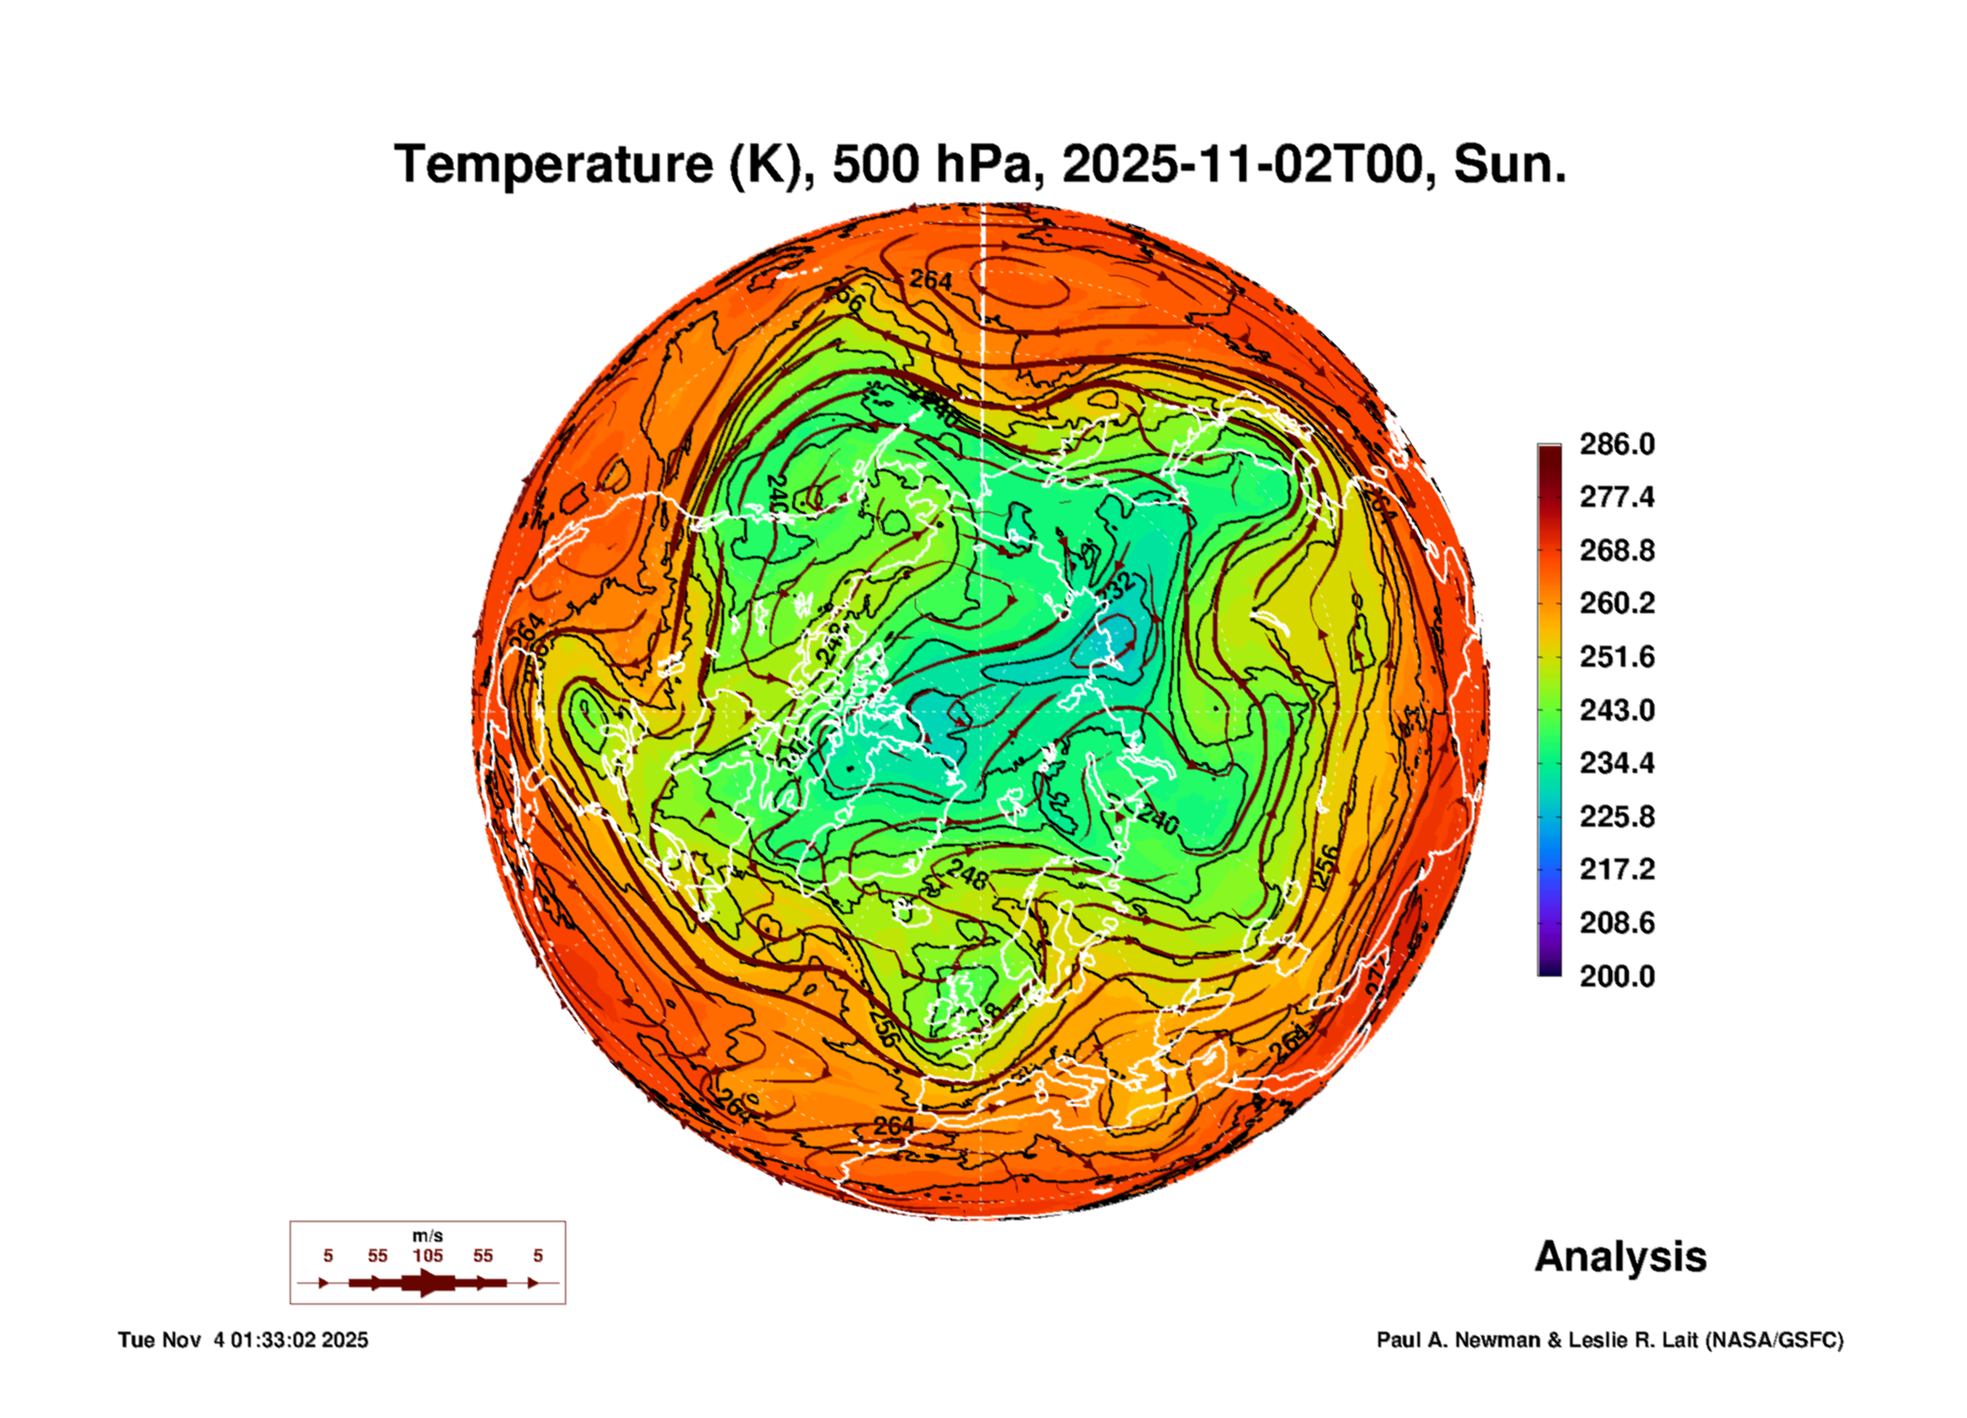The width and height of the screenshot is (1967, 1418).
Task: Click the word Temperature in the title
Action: point(553,165)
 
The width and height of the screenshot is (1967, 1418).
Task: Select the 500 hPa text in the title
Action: point(932,165)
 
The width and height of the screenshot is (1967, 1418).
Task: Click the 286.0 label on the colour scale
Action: point(1616,444)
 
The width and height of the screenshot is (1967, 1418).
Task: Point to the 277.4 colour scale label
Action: point(1616,497)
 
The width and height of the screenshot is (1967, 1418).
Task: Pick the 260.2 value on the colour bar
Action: point(1616,603)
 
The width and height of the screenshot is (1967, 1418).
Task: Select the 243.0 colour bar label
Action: point(1616,709)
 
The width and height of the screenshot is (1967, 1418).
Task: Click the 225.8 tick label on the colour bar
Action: point(1616,816)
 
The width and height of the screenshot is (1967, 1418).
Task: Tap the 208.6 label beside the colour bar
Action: point(1616,923)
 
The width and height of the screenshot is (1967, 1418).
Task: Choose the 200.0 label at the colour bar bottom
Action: point(1616,977)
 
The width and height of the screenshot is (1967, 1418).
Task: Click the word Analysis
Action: point(1620,1257)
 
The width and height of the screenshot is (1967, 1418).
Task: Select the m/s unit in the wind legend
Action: point(427,1236)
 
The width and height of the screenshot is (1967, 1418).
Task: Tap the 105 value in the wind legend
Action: point(427,1256)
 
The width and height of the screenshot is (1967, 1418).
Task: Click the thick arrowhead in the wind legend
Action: point(428,1283)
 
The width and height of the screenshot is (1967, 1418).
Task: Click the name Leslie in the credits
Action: point(1602,1340)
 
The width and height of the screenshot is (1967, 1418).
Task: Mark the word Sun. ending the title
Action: point(1509,165)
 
